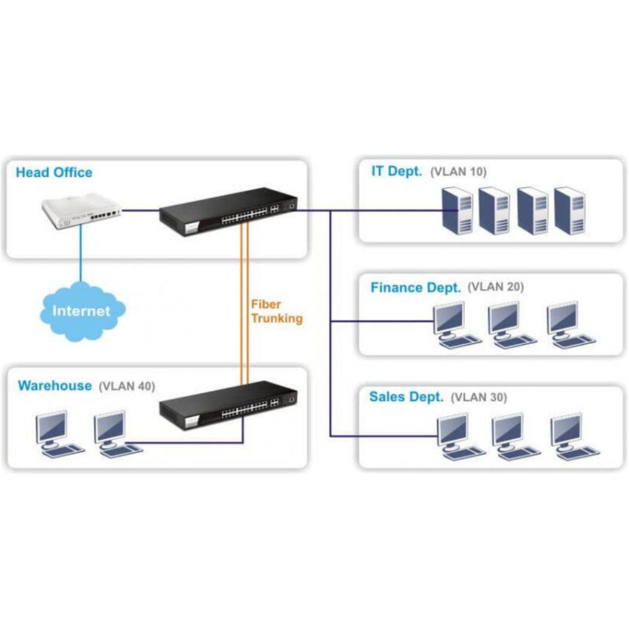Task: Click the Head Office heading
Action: click(x=54, y=173)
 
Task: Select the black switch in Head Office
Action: click(x=229, y=211)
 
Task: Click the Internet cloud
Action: click(x=82, y=311)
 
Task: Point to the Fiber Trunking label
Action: click(x=276, y=311)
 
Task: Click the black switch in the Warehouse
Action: click(x=229, y=405)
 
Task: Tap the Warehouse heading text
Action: click(x=55, y=386)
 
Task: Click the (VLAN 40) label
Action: click(x=126, y=386)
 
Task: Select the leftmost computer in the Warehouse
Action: click(x=59, y=434)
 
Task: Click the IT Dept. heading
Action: click(x=397, y=171)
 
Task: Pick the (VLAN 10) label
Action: click(x=458, y=172)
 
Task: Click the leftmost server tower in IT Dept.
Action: click(x=457, y=210)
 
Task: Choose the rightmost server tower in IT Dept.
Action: click(x=570, y=210)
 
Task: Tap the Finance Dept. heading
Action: click(x=416, y=288)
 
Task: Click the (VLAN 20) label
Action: click(x=496, y=287)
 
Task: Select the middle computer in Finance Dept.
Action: click(x=512, y=325)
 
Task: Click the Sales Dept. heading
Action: click(x=406, y=397)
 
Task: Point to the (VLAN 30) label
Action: click(x=479, y=397)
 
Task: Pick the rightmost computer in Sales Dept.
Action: click(x=575, y=437)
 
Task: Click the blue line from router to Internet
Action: click(x=81, y=253)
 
